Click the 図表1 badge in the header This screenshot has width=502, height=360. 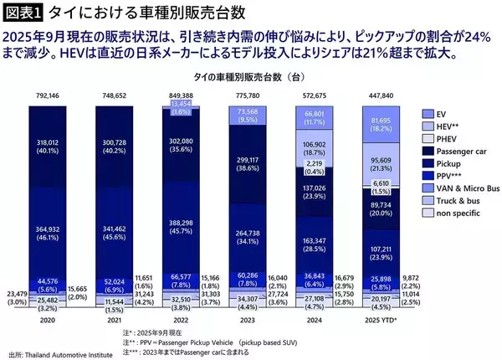(x=22, y=12)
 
